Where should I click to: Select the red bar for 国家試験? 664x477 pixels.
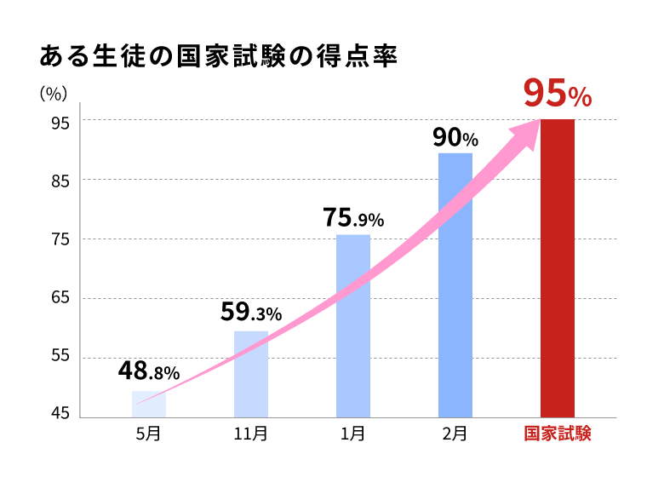coord(558,268)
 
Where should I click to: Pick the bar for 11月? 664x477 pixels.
coord(251,375)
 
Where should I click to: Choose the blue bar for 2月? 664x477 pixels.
coord(455,285)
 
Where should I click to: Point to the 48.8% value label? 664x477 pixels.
coord(149,371)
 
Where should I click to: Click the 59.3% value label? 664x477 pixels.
coord(251,313)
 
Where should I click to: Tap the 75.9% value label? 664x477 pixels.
coord(353,218)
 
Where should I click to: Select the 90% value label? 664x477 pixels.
coord(455,137)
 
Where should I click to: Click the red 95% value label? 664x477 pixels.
coord(557,95)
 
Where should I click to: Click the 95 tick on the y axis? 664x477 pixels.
coord(59,122)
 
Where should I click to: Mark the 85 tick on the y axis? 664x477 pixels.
coord(59,181)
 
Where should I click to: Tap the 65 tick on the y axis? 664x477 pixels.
coord(59,299)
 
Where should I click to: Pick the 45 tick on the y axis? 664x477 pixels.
coord(59,416)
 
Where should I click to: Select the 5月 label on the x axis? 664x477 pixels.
coord(148,434)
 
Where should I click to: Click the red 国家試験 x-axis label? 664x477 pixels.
coord(558,434)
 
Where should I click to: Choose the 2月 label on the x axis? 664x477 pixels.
coord(455,434)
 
